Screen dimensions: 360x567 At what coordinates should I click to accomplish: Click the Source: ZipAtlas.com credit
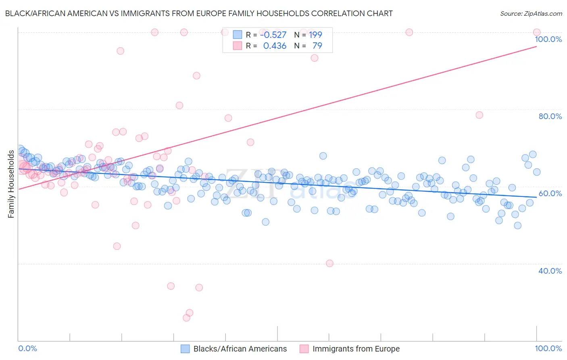pyautogui.click(x=531, y=14)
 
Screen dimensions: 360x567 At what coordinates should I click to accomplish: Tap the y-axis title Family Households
pyautogui.click(x=11, y=184)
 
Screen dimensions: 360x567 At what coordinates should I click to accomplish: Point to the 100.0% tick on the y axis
pyautogui.click(x=548, y=39)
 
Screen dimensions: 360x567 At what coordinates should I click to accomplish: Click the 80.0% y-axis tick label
pyautogui.click(x=550, y=116)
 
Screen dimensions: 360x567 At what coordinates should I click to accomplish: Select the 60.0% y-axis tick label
pyautogui.click(x=550, y=193)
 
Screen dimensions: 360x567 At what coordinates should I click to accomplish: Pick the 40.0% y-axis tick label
pyautogui.click(x=550, y=271)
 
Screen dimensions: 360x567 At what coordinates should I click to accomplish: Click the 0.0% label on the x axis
pyautogui.click(x=27, y=348)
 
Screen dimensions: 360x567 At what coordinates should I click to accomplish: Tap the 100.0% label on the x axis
pyautogui.click(x=548, y=348)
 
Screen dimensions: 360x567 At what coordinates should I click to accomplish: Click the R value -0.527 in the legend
pyautogui.click(x=273, y=35)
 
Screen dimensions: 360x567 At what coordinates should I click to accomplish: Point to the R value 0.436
pyautogui.click(x=275, y=46)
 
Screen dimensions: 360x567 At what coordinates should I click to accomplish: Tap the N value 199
pyautogui.click(x=315, y=35)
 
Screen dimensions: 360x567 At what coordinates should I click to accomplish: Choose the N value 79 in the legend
pyautogui.click(x=317, y=46)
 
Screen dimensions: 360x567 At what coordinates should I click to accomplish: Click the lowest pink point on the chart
pyautogui.click(x=186, y=318)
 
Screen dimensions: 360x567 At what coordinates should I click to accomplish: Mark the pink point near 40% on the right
pyautogui.click(x=329, y=263)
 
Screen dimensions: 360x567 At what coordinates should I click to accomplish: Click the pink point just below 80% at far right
pyautogui.click(x=479, y=115)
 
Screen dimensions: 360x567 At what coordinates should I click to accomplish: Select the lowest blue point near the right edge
pyautogui.click(x=517, y=226)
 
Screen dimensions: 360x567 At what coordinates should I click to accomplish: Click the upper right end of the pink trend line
pyautogui.click(x=536, y=46)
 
